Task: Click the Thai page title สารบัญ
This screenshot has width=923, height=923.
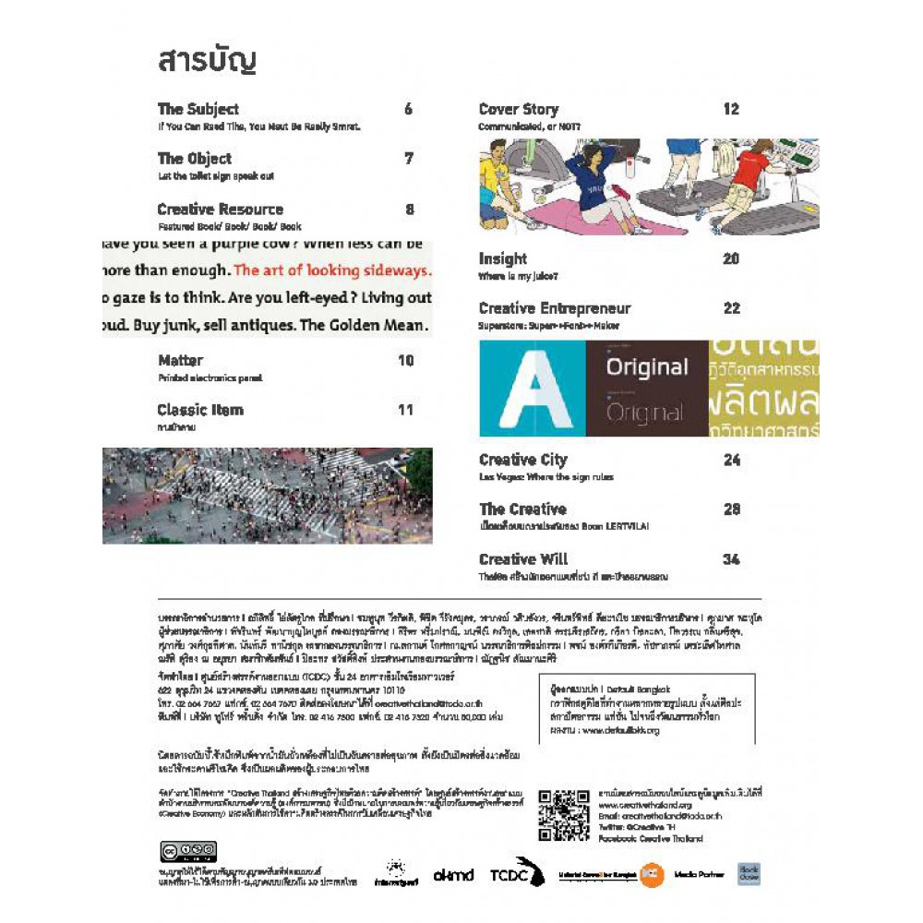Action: click(x=206, y=62)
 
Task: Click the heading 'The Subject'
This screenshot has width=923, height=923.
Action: click(x=198, y=109)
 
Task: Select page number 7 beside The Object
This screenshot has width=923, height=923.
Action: click(x=408, y=159)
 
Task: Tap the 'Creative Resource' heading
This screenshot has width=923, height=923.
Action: click(x=220, y=210)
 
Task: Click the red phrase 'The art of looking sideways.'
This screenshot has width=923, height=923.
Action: click(x=332, y=271)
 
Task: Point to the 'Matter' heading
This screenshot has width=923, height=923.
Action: click(x=180, y=360)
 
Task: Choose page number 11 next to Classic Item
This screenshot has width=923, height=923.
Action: click(x=405, y=410)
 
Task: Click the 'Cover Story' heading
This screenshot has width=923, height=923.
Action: click(x=518, y=109)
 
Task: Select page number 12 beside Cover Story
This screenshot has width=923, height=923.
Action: click(x=731, y=109)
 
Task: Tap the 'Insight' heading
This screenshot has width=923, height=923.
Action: click(x=502, y=258)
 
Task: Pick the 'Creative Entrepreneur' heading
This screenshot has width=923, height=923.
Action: click(x=555, y=308)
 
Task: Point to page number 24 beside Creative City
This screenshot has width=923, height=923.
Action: click(x=731, y=460)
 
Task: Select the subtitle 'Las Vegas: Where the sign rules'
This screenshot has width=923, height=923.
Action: click(x=545, y=477)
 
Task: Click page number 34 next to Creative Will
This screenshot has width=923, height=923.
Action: click(x=731, y=559)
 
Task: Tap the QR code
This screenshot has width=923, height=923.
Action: click(x=563, y=816)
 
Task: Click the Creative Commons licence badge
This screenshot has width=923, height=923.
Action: click(x=188, y=852)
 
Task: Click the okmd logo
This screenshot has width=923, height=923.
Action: click(x=453, y=874)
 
